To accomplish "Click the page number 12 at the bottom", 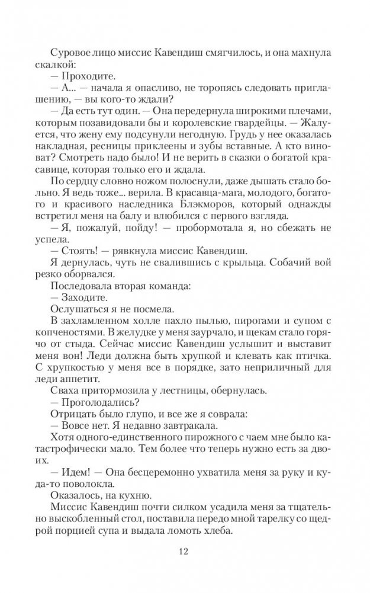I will tap(185, 552).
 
